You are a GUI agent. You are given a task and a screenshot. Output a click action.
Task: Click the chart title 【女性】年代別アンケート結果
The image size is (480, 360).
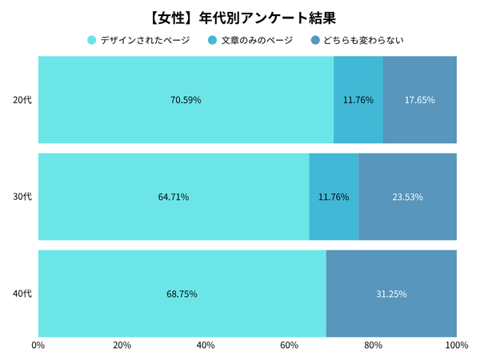(240, 15)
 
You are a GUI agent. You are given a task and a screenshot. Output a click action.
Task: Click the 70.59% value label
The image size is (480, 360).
(186, 100)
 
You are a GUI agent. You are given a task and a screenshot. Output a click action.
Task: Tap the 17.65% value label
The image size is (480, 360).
(420, 100)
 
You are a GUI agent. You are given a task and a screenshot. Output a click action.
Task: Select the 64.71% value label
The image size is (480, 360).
(174, 197)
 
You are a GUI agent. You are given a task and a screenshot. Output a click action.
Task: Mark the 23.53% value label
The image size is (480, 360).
(407, 197)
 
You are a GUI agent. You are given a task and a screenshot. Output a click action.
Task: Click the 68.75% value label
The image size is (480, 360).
(182, 294)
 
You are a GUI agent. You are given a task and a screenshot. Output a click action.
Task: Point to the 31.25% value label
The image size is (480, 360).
(391, 294)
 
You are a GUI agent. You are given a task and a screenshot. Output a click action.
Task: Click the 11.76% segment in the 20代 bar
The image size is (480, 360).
(358, 100)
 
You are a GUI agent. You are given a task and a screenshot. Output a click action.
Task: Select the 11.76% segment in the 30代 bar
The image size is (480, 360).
(334, 197)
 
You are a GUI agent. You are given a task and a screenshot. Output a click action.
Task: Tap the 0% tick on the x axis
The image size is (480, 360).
(38, 346)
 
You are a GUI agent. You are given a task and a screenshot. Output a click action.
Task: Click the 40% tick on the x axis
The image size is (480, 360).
(206, 346)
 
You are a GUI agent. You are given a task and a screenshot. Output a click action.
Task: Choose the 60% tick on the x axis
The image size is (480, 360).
(289, 346)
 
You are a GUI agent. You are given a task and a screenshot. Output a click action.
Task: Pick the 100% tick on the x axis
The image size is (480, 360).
(456, 346)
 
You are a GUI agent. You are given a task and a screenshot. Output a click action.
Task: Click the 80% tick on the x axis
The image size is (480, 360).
(373, 346)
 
